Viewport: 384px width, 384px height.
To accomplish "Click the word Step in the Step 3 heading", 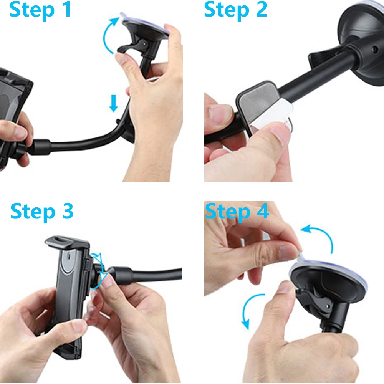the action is pos(33,212).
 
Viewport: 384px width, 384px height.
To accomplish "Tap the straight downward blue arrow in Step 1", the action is pos(113,103).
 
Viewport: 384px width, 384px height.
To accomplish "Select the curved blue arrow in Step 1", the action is pos(108,34).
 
